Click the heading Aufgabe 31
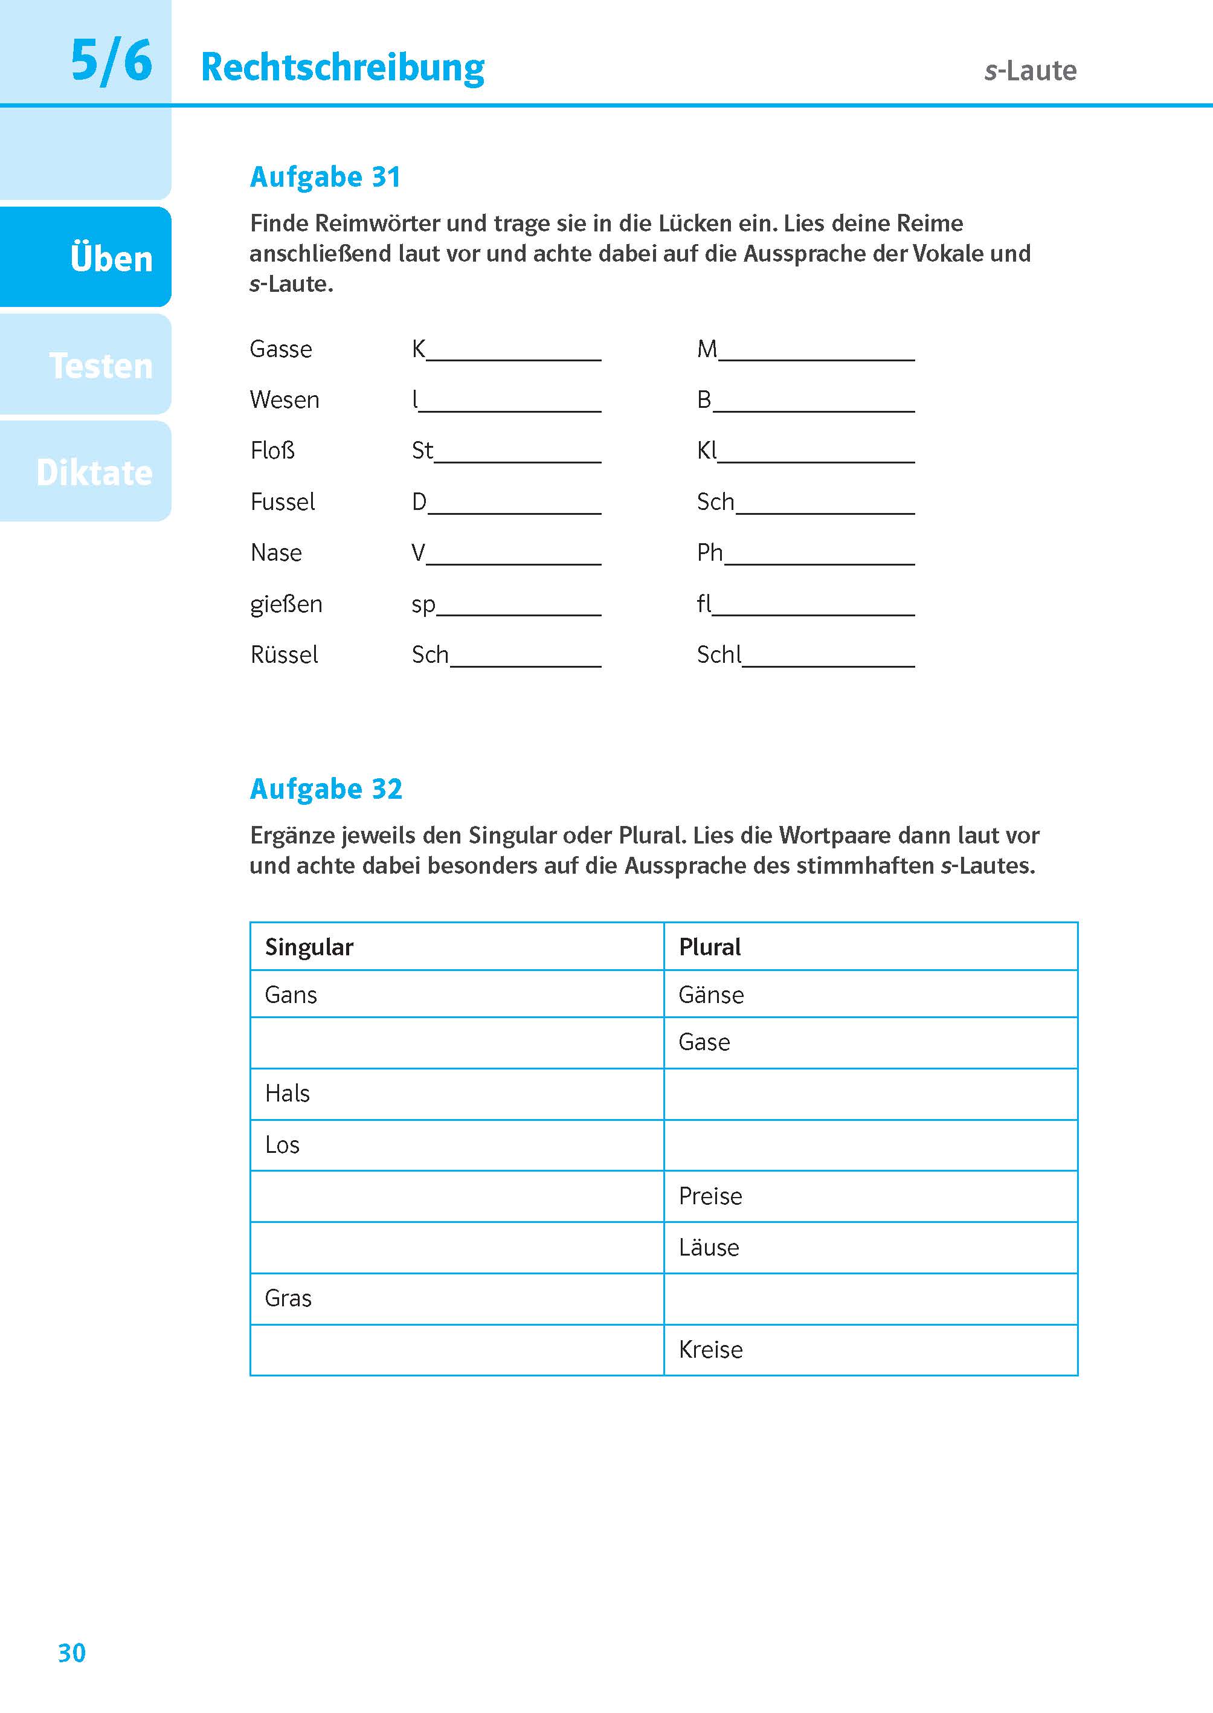click(325, 177)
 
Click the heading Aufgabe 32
click(326, 789)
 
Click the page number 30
click(72, 1653)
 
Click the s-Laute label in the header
click(1030, 71)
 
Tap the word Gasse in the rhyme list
click(281, 349)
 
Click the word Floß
click(272, 451)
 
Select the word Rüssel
click(284, 654)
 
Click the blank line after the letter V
click(514, 556)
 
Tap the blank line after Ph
click(819, 556)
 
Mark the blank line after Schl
click(828, 657)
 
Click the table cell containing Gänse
click(870, 995)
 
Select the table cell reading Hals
click(456, 1094)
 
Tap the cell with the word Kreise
click(870, 1349)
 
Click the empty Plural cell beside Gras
click(870, 1298)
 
